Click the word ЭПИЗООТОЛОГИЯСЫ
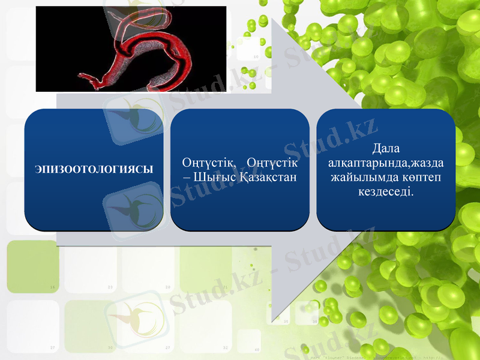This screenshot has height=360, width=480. coord(94,170)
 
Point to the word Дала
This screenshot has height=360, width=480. coord(386,148)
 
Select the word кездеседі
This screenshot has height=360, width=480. coord(386,192)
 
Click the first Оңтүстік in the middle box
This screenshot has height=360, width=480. coord(203,163)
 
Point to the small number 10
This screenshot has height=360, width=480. coord(256,56)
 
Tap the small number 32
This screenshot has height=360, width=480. coord(226,347)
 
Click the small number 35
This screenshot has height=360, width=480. coord(286,321)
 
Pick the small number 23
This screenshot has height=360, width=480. coord(110,287)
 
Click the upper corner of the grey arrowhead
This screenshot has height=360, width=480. coord(272,18)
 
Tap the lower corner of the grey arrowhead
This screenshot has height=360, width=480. coord(272,323)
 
